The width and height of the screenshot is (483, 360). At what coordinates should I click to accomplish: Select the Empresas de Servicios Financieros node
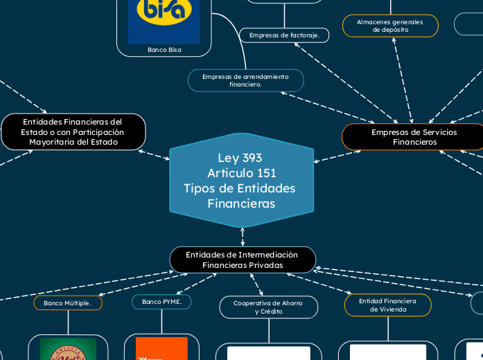pyautogui.click(x=414, y=136)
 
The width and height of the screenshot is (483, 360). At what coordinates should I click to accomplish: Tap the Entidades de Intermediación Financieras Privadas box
pyautogui.click(x=243, y=260)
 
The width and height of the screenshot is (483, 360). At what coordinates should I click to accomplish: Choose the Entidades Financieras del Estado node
pyautogui.click(x=73, y=132)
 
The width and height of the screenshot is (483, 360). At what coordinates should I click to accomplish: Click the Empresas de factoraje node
pyautogui.click(x=284, y=35)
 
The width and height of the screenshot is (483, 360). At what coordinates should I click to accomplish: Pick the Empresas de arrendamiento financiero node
pyautogui.click(x=245, y=80)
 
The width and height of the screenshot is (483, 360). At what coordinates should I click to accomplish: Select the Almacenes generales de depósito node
pyautogui.click(x=390, y=26)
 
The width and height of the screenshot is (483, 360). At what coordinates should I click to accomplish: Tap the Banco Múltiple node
pyautogui.click(x=68, y=303)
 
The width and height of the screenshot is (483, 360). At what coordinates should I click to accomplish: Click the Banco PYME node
pyautogui.click(x=161, y=302)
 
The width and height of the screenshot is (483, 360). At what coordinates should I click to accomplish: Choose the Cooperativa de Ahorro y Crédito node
pyautogui.click(x=268, y=307)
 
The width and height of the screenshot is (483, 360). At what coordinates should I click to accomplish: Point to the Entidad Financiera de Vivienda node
pyautogui.click(x=387, y=305)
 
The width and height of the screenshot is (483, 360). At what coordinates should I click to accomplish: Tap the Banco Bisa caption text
pyautogui.click(x=164, y=50)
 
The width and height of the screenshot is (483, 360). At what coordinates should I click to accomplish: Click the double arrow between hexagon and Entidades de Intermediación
pyautogui.click(x=243, y=237)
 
